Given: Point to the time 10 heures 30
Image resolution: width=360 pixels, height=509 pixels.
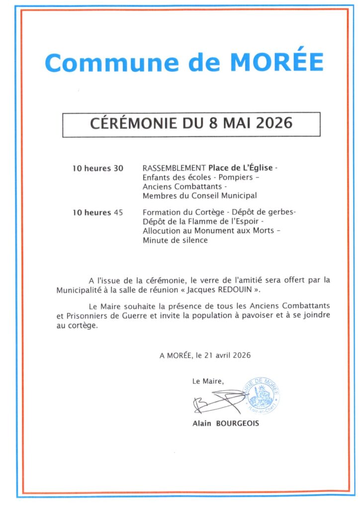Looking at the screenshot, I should point(97,168).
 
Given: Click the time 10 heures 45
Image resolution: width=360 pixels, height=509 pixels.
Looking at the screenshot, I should point(97,213).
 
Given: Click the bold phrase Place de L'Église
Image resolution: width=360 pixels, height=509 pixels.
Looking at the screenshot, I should point(241,168).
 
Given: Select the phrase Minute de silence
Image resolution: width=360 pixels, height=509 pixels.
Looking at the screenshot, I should point(175,240).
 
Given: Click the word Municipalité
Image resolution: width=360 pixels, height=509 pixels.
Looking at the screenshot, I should point(81,289).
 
